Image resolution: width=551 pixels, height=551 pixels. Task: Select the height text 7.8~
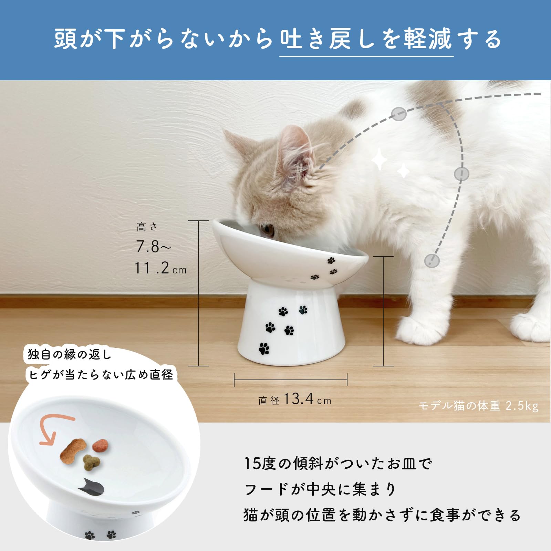click(153, 247)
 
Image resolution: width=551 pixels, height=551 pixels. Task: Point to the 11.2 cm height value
click(160, 268)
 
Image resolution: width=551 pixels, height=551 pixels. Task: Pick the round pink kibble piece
click(101, 446)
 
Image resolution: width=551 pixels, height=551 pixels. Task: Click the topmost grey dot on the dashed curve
click(399, 114)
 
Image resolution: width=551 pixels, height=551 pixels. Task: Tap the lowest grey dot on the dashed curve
click(432, 261)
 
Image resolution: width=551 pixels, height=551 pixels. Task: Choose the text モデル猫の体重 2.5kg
click(478, 406)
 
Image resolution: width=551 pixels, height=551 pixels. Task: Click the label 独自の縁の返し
click(70, 354)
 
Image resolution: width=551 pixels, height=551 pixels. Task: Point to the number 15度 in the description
click(260, 464)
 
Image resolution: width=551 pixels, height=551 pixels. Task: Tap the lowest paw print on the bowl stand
click(264, 349)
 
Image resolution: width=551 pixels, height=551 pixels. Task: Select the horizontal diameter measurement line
click(291, 380)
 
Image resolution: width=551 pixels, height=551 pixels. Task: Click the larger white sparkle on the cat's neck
click(379, 159)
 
